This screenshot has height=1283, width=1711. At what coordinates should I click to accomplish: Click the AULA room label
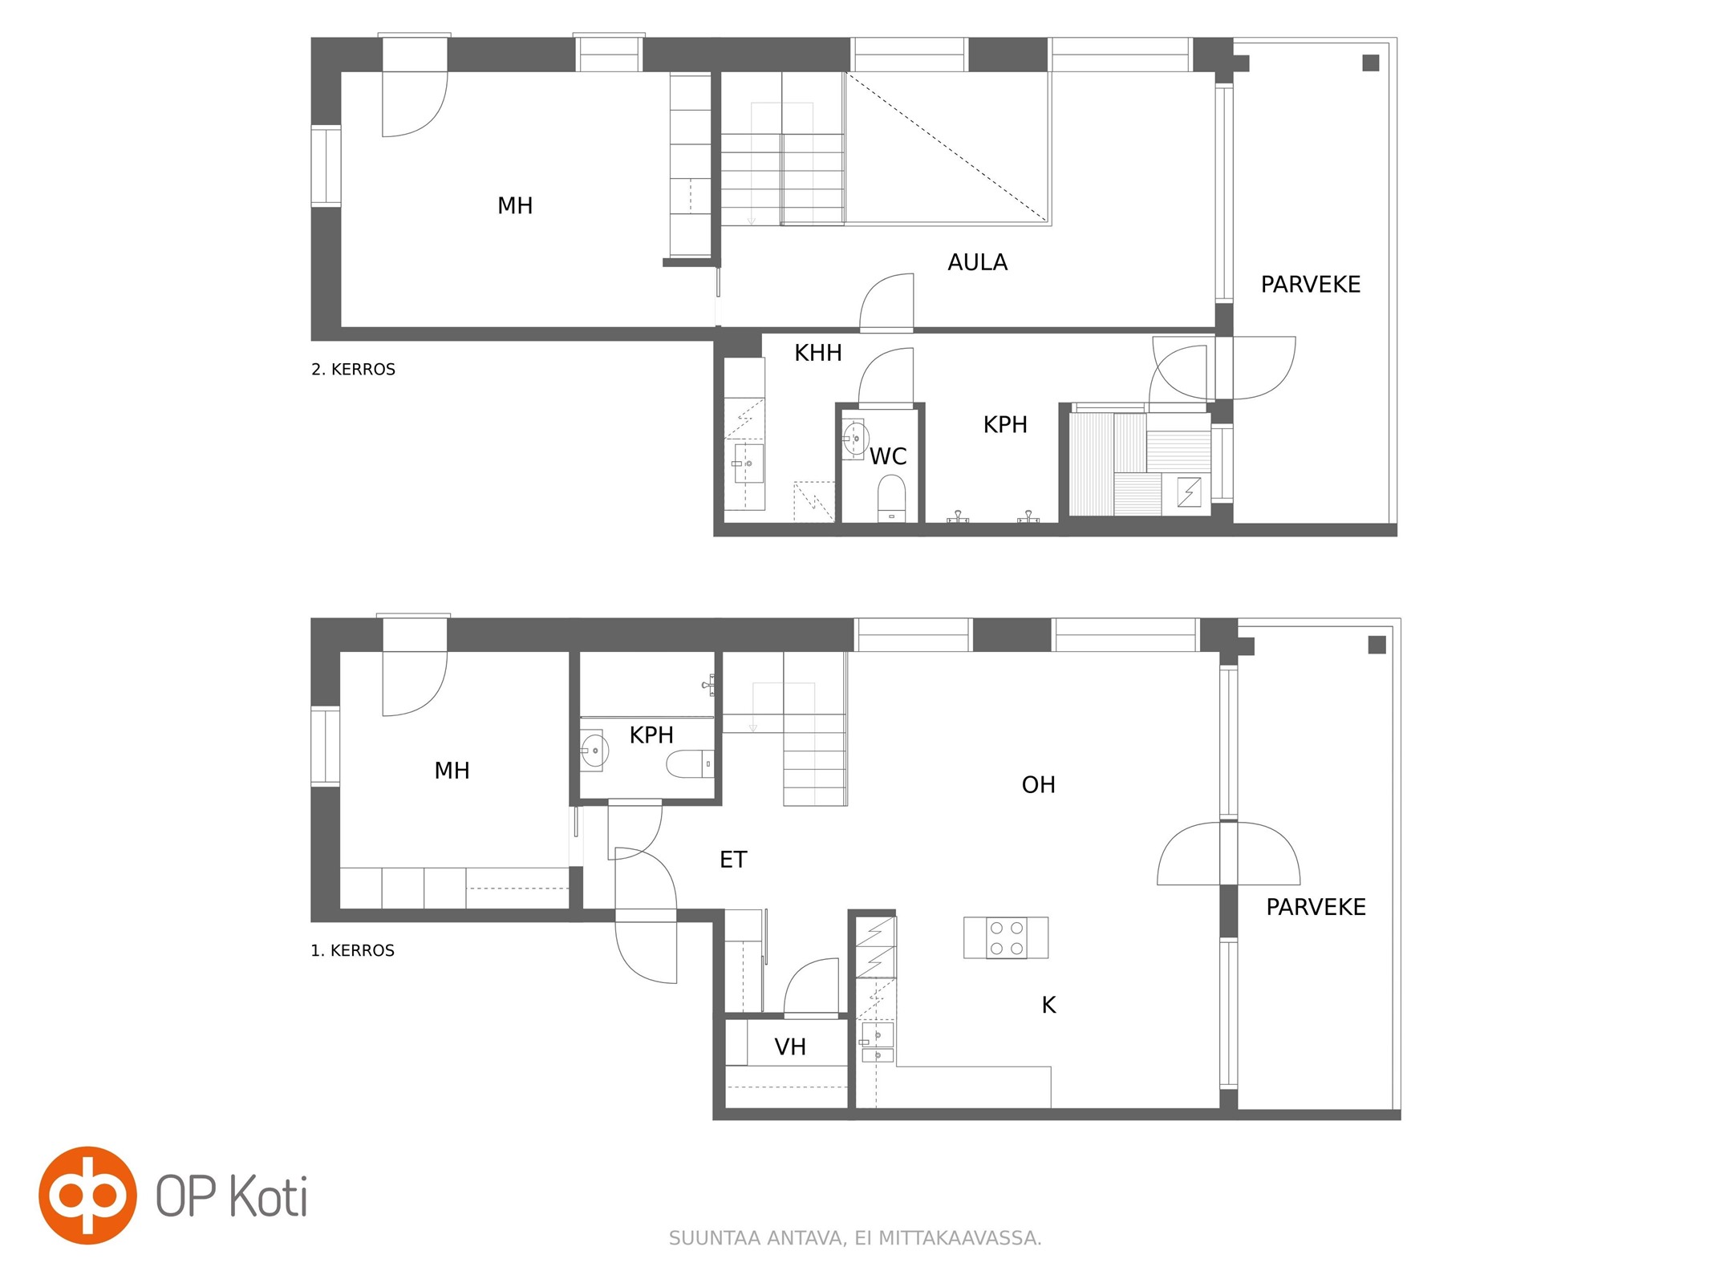coord(977,262)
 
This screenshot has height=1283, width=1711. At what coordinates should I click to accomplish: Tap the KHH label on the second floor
coord(818,353)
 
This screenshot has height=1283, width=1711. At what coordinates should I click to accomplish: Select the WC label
coord(888,456)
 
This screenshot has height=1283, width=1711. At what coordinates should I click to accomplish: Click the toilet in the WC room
coord(891,496)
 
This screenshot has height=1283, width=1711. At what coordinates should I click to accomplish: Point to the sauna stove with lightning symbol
coord(1189,492)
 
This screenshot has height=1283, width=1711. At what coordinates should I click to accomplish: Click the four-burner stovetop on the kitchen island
coord(1006,937)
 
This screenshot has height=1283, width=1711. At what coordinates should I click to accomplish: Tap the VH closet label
coord(790,1046)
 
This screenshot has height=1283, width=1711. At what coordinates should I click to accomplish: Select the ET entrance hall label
coord(733,860)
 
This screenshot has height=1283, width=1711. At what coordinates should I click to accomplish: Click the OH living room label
coord(1038,784)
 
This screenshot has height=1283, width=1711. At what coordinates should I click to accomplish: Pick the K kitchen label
coord(1048,1005)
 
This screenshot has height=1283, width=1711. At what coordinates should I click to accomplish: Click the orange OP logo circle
coord(87,1195)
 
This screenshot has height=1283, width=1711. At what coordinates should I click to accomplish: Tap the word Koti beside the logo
coord(269,1196)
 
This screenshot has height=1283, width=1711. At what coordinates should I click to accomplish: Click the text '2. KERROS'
coord(353,370)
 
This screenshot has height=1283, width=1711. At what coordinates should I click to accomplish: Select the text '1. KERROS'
coord(352,950)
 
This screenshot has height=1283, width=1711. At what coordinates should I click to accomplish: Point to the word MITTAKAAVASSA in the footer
coord(959,1238)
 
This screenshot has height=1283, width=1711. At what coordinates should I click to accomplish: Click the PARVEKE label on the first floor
coord(1316,907)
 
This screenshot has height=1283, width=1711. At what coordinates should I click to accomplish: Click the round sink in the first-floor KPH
coord(594,751)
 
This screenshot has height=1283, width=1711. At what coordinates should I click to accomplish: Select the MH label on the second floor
coord(515,206)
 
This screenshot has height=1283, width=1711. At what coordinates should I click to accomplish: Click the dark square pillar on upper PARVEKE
coord(1371,63)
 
